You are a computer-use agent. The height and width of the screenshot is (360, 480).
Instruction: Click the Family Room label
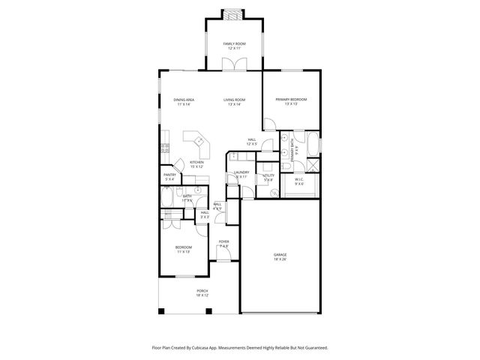point(234,44)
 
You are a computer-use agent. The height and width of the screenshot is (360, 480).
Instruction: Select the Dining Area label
point(184,100)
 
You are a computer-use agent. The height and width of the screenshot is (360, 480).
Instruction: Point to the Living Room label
point(234,100)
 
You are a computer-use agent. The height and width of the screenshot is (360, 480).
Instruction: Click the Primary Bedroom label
point(291,100)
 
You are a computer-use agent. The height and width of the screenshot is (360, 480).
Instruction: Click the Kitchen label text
point(196,162)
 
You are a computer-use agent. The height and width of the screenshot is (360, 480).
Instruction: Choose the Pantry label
point(170,175)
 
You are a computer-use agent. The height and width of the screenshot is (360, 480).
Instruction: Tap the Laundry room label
point(241,172)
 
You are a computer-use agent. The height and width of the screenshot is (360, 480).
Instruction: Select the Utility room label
point(268,175)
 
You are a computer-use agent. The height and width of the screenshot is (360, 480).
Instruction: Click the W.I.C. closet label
point(298,179)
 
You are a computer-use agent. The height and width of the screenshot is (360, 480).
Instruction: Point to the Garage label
point(280,255)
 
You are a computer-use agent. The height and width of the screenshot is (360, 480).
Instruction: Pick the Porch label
point(202,290)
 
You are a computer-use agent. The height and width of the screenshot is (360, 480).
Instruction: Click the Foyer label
point(223,241)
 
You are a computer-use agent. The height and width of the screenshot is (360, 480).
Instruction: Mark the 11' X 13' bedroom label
point(184,252)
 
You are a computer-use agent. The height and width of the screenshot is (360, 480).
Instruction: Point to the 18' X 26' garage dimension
point(280,259)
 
